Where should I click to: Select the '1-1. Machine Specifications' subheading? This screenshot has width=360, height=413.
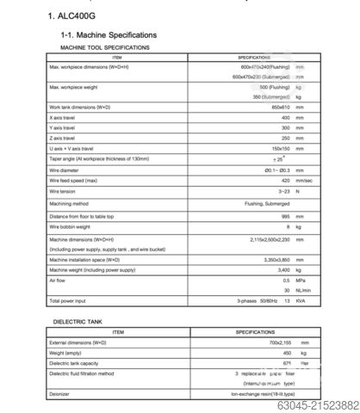[109, 34]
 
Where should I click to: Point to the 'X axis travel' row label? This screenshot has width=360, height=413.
[63, 117]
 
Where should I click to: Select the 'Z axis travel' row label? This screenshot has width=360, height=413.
[63, 138]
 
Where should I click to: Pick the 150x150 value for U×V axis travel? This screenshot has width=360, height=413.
[277, 148]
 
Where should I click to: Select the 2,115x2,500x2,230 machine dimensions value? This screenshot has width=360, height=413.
[264, 238]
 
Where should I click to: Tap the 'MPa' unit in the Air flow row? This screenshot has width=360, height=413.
[301, 280]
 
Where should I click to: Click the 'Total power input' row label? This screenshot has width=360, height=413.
[68, 302]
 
